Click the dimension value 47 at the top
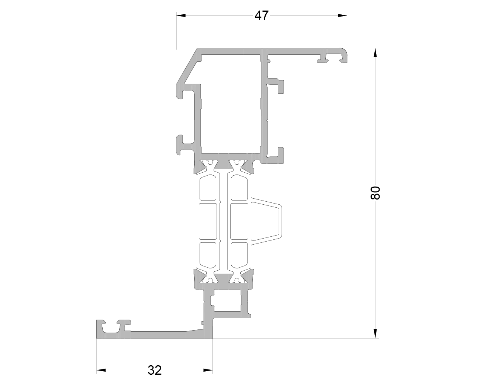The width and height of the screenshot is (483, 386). coord(261,15)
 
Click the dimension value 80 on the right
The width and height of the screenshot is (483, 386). coord(375,193)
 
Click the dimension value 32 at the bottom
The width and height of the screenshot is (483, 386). coord(155,370)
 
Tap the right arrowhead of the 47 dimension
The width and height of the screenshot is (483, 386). coord(342,15)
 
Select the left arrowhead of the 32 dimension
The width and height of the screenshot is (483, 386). coord(101,370)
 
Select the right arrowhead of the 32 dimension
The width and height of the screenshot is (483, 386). coord(208,370)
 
